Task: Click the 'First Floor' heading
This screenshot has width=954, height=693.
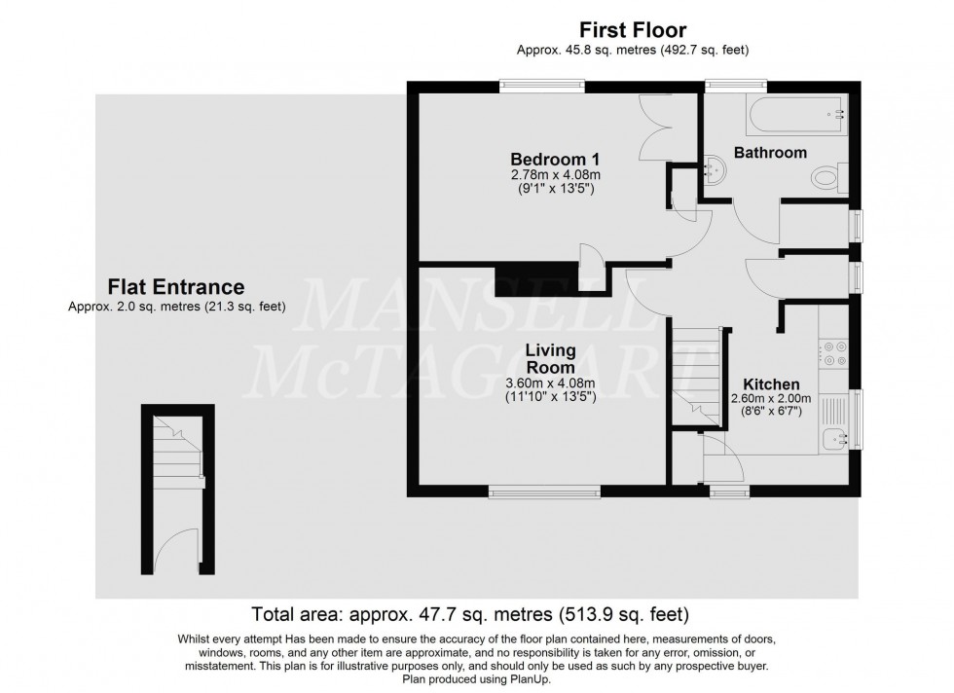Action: click(633, 30)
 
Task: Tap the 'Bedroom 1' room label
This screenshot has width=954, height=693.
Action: click(555, 159)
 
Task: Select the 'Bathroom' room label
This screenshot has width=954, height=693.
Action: click(770, 153)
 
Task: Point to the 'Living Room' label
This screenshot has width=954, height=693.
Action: click(550, 358)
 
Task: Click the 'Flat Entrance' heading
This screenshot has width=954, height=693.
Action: click(175, 287)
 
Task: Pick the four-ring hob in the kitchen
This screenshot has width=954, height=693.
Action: click(834, 352)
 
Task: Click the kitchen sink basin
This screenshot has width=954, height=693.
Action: click(833, 439)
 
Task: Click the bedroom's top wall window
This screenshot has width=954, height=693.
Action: click(543, 87)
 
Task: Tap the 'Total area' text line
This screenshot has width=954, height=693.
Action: click(471, 615)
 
